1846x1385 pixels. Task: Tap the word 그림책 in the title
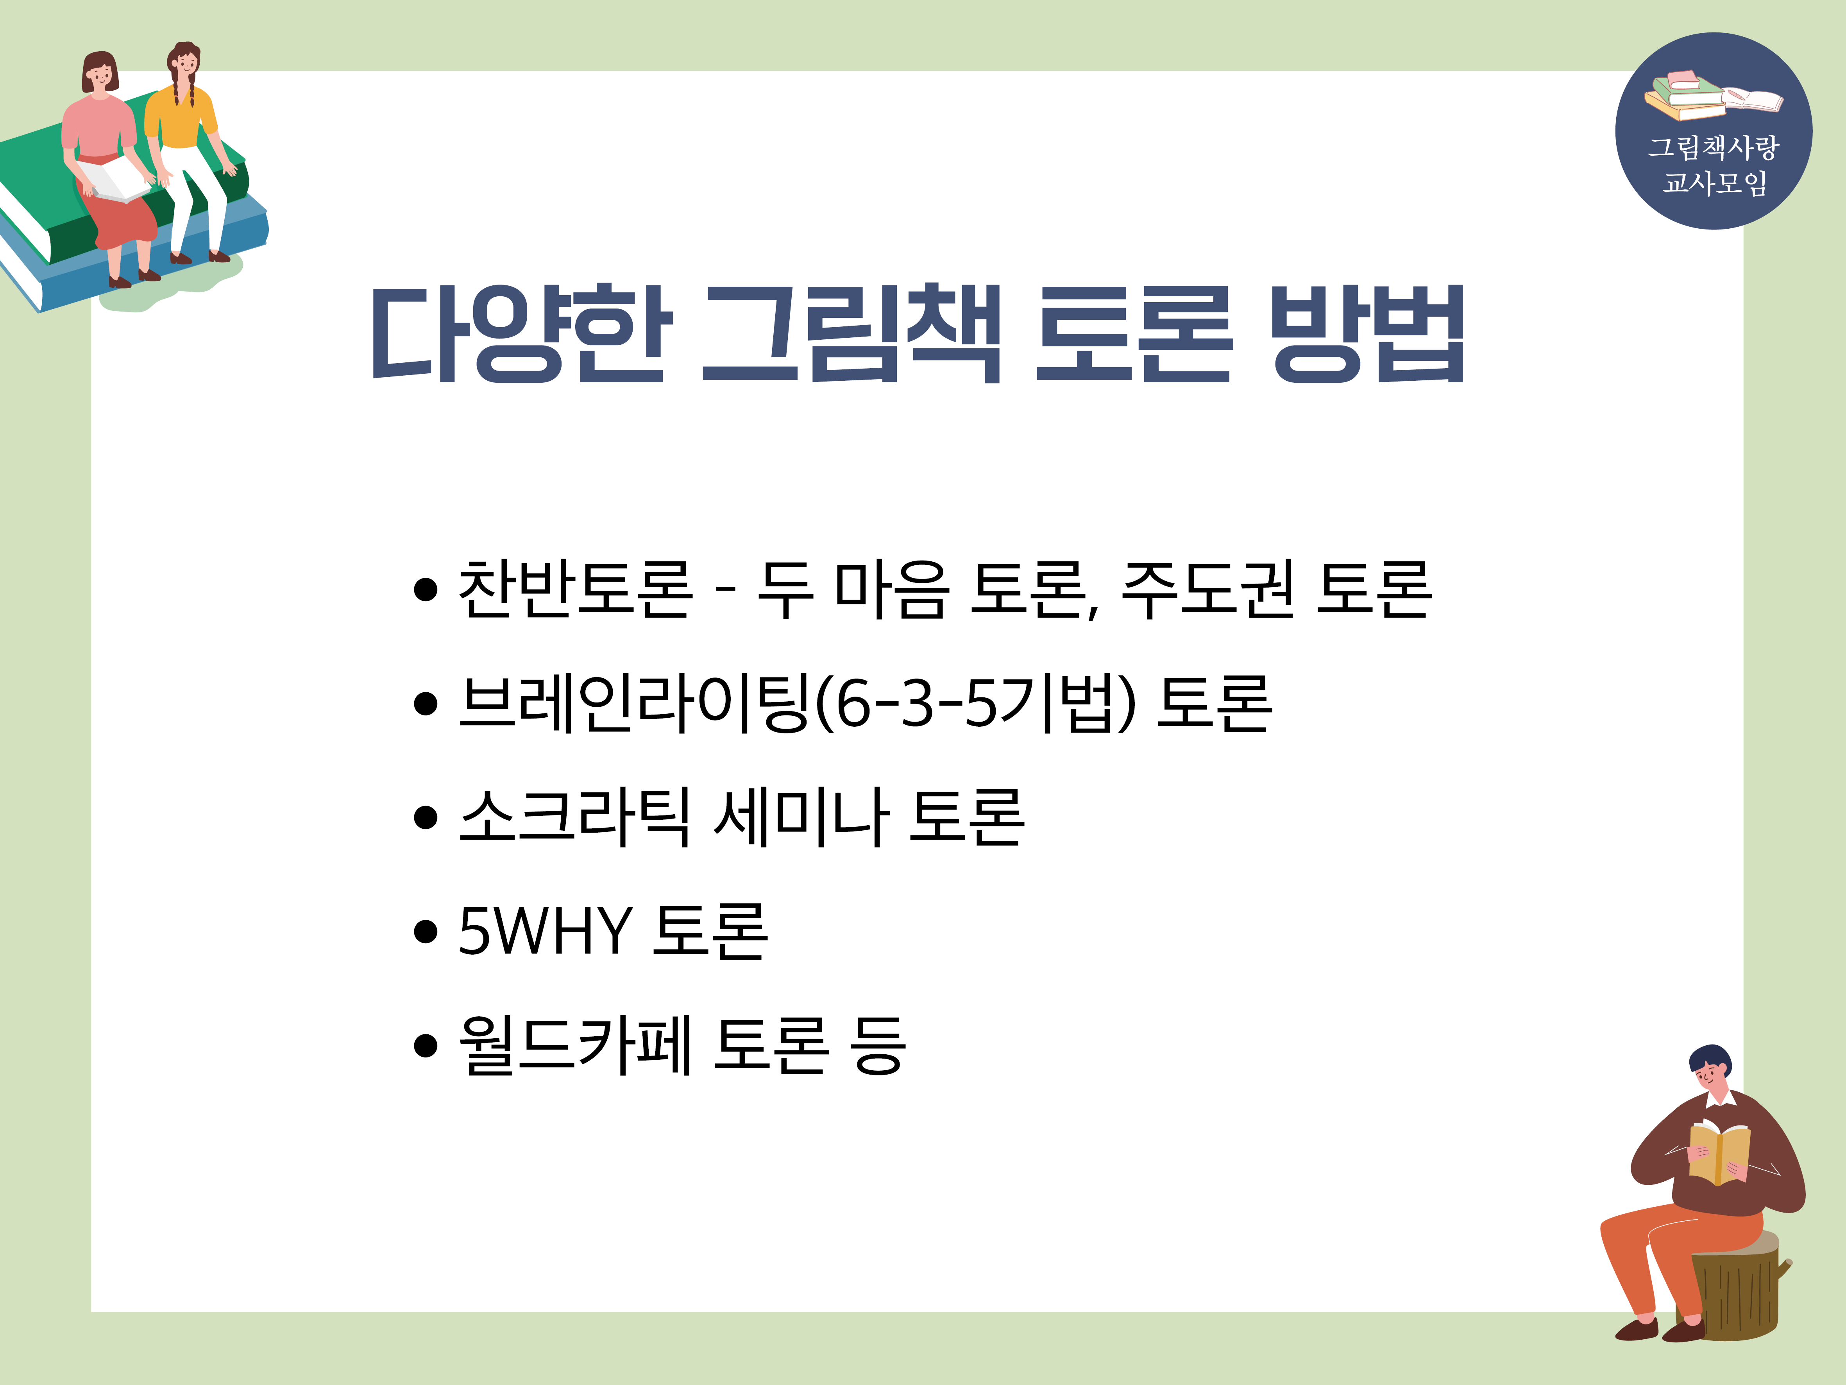pyautogui.click(x=851, y=334)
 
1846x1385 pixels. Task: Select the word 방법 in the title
pyautogui.click(x=1367, y=334)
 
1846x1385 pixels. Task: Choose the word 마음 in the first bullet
pyautogui.click(x=891, y=589)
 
